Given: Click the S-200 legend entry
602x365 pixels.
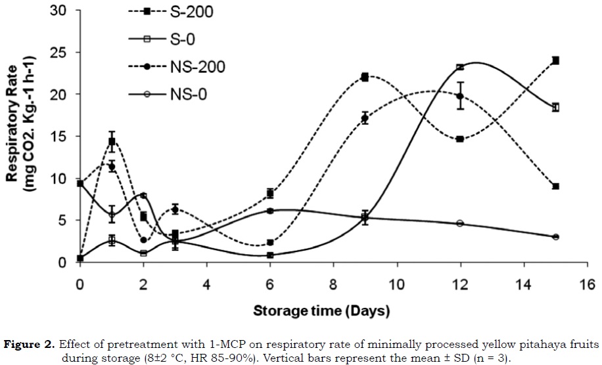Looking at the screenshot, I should pos(184,11).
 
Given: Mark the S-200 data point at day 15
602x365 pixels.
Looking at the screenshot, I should pos(555,60).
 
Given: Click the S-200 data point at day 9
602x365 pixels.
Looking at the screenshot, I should pos(365,77).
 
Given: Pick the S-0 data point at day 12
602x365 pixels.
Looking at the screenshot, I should pos(460,67).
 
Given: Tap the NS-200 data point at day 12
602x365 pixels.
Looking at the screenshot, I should pos(460,96).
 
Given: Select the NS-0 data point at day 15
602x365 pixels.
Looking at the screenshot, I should pos(555,236).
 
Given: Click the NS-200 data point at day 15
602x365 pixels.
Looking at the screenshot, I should pos(555,186).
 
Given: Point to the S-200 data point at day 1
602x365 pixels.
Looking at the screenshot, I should pos(112,141).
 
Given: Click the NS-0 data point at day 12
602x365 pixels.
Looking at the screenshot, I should pos(460,223).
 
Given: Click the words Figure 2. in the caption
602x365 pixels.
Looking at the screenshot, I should pos(31,345).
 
